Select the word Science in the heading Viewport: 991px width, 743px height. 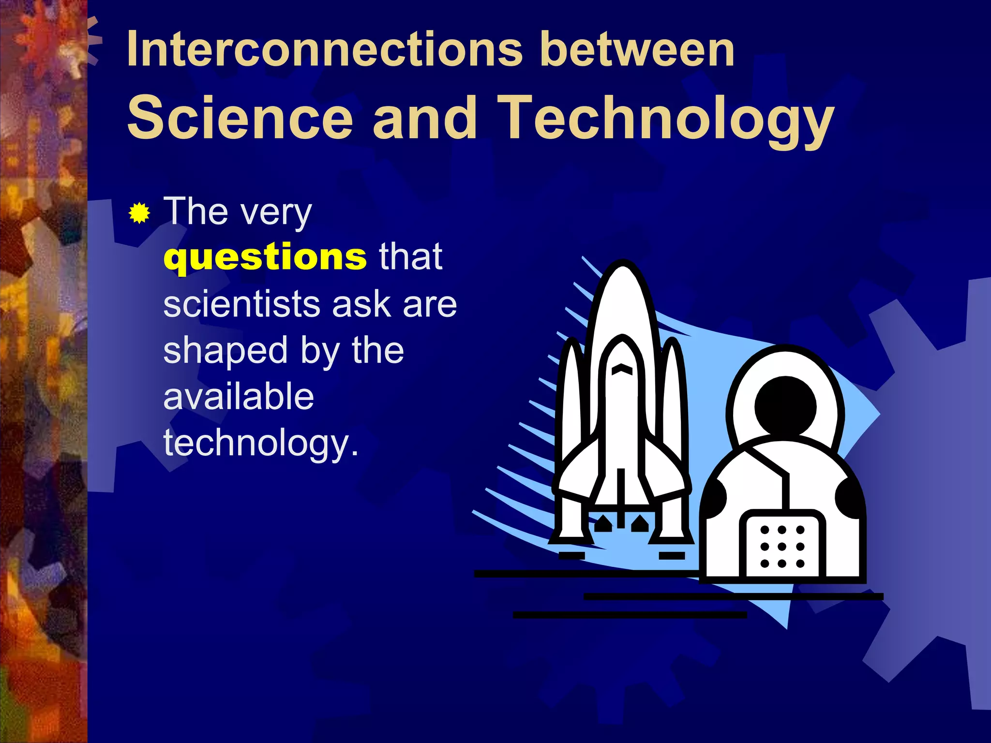coord(240,118)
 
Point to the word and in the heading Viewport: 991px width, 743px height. coord(425,118)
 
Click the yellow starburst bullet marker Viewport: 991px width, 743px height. coord(139,213)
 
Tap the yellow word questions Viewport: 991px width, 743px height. coord(265,257)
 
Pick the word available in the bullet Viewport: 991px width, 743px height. coord(239,397)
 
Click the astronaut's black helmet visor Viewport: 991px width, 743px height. coord(785,406)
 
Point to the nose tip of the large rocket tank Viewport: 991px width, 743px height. coord(623,265)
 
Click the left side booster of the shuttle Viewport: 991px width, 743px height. coord(573,411)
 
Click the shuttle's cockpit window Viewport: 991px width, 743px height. coord(622,370)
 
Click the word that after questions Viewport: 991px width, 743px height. coord(410,257)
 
